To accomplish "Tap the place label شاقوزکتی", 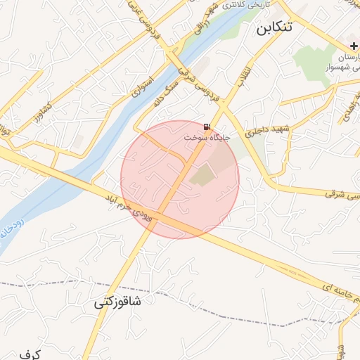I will [x=117, y=302].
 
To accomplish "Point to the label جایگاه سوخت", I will [x=207, y=138].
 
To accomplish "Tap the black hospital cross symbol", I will [x=354, y=46].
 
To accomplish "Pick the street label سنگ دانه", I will [x=165, y=95].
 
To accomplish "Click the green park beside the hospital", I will [x=313, y=67].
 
